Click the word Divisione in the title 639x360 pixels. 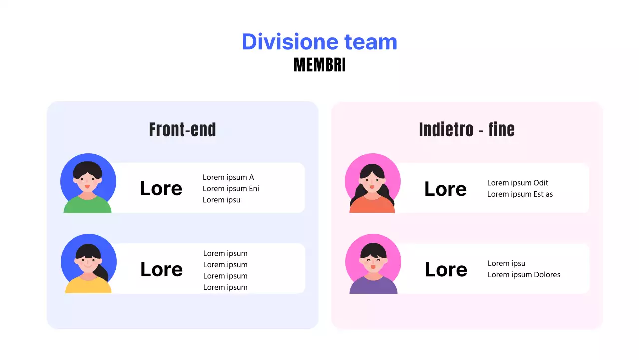click(283, 42)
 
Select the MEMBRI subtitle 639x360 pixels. click(319, 65)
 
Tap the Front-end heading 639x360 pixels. click(182, 130)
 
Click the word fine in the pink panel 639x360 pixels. click(501, 130)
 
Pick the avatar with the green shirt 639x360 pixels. click(88, 184)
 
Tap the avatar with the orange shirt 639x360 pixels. click(372, 184)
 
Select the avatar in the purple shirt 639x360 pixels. click(373, 264)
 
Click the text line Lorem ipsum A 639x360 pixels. click(228, 177)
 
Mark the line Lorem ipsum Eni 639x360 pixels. click(231, 189)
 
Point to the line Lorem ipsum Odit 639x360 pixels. click(518, 183)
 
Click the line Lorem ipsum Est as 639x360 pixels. click(520, 194)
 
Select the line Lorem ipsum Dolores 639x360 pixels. click(524, 275)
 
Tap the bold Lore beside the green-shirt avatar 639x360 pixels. click(161, 189)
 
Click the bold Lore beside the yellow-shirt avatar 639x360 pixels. click(161, 269)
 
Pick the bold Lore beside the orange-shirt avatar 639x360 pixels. click(445, 189)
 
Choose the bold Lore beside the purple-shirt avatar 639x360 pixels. click(446, 270)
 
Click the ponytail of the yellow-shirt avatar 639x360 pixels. click(103, 273)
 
